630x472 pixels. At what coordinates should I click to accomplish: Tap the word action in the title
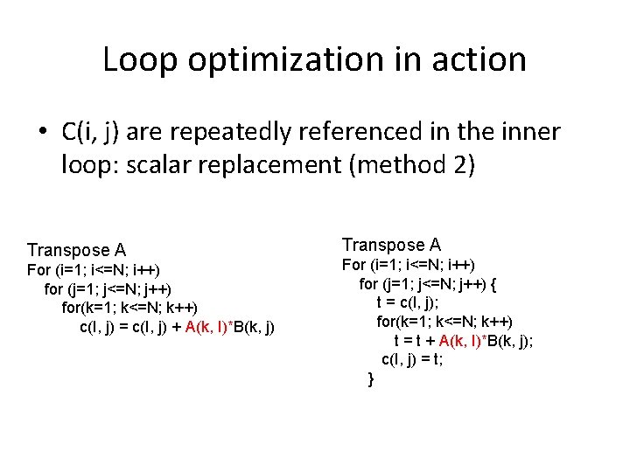(x=479, y=59)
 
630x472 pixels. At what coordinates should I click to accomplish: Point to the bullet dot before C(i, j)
(x=41, y=133)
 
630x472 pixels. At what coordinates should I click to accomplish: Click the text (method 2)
(x=411, y=165)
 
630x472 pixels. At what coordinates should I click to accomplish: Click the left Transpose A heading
(x=76, y=250)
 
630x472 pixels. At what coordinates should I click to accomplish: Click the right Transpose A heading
(x=391, y=245)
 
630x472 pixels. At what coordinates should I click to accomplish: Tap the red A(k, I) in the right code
(x=470, y=340)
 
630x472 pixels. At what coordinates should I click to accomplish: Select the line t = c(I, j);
(x=407, y=302)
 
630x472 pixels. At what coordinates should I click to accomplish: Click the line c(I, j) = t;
(x=412, y=359)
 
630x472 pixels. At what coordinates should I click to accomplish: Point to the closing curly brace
(x=371, y=378)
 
